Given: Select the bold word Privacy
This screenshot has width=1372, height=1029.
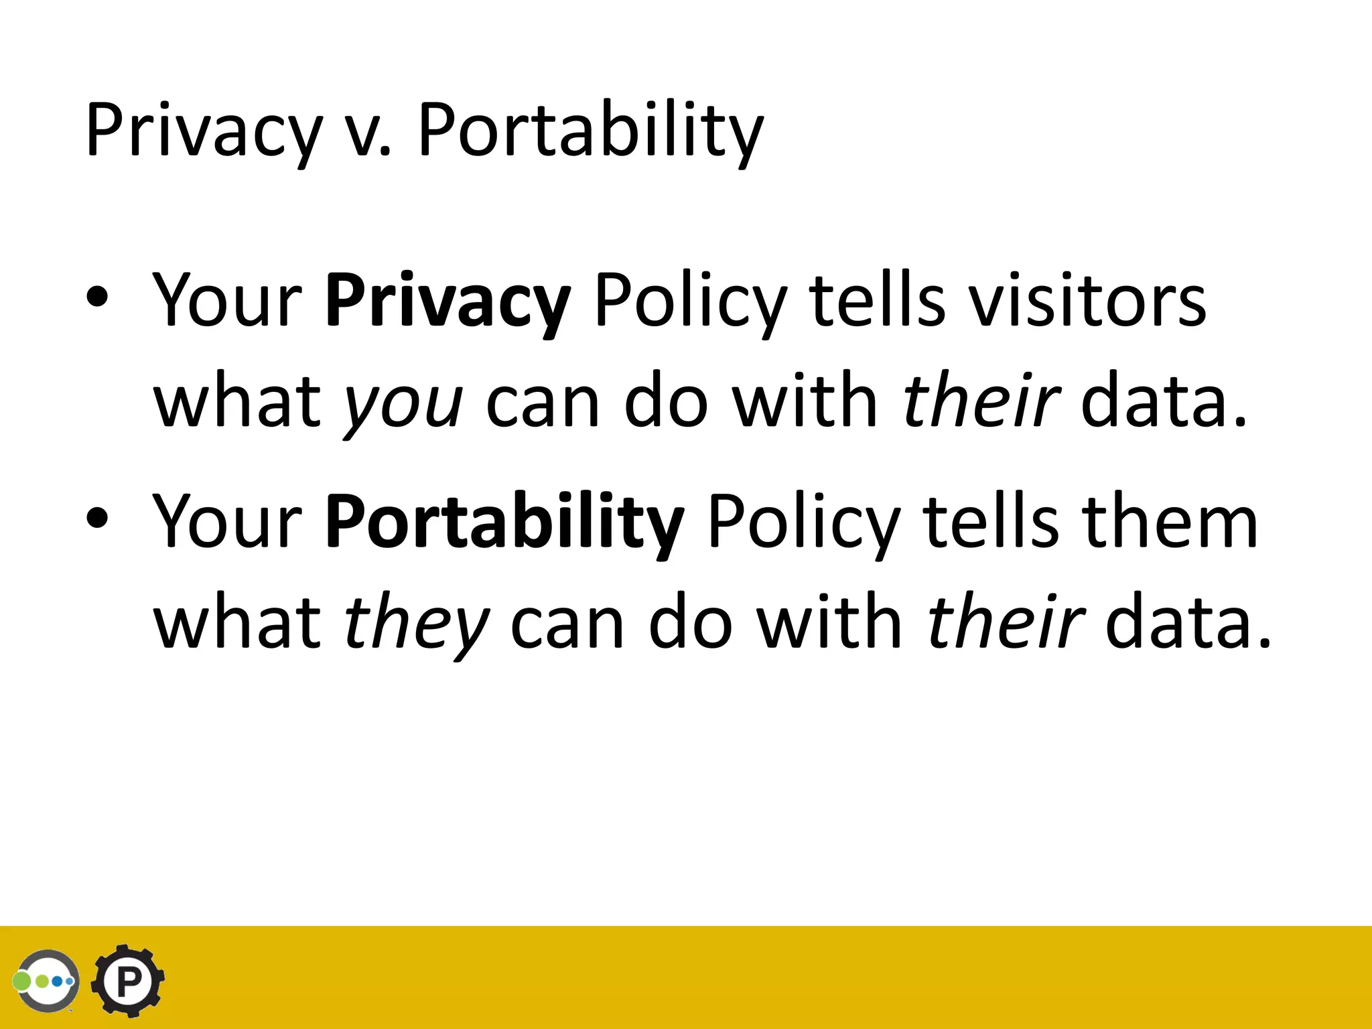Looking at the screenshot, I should [448, 301].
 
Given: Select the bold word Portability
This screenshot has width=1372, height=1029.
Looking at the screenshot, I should [504, 523].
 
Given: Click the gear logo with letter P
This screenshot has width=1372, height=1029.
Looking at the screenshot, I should [127, 980].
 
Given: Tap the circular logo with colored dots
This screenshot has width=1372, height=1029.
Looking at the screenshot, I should [46, 981].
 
